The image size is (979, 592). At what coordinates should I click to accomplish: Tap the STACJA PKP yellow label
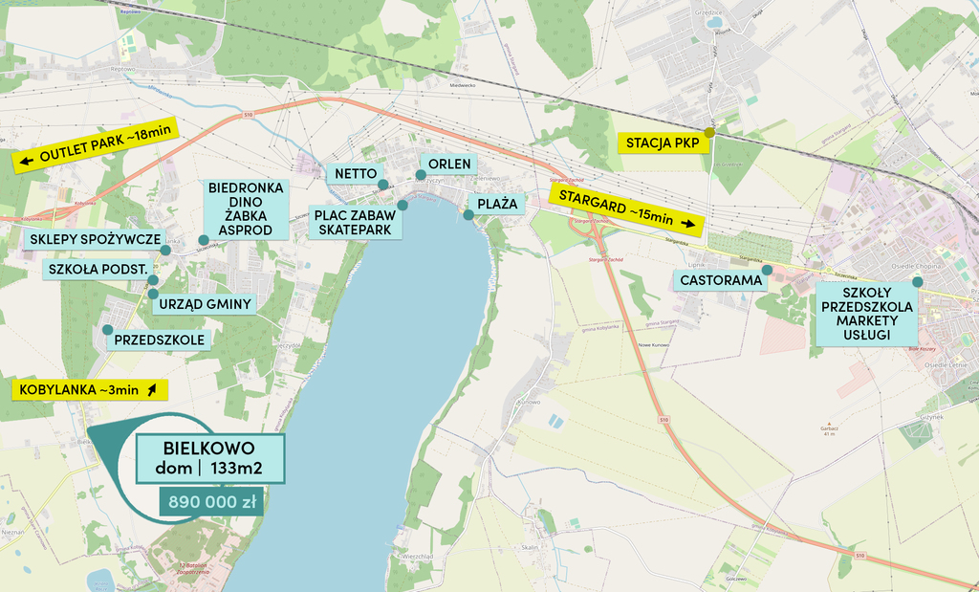tap(663, 143)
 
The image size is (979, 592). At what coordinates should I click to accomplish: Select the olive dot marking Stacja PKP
tap(709, 132)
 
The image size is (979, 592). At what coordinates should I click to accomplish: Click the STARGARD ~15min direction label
tap(627, 210)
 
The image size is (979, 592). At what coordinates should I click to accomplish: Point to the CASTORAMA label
tap(722, 280)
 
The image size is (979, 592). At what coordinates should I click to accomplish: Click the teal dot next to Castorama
tap(767, 270)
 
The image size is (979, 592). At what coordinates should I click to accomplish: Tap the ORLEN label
tap(448, 164)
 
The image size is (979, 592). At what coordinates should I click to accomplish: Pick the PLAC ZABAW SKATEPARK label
tap(354, 223)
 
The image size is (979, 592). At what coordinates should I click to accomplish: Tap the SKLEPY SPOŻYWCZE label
tap(94, 239)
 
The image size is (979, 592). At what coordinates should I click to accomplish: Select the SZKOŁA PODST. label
tap(97, 270)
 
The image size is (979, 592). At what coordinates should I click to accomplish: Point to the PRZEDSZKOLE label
tap(159, 339)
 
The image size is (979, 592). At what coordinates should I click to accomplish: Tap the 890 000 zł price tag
tap(211, 501)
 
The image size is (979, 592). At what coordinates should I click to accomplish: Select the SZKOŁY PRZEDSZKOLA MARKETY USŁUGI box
tap(866, 314)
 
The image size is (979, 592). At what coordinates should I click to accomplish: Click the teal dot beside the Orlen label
tap(420, 174)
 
